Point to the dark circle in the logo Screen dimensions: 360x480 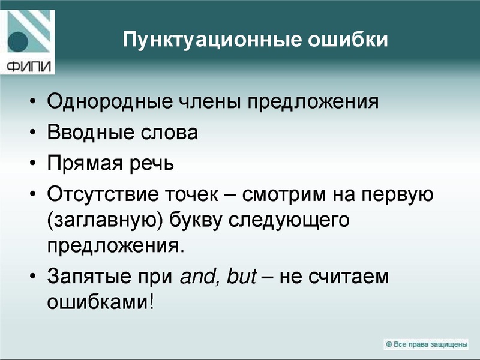[19, 43]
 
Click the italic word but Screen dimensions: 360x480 [242, 277]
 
